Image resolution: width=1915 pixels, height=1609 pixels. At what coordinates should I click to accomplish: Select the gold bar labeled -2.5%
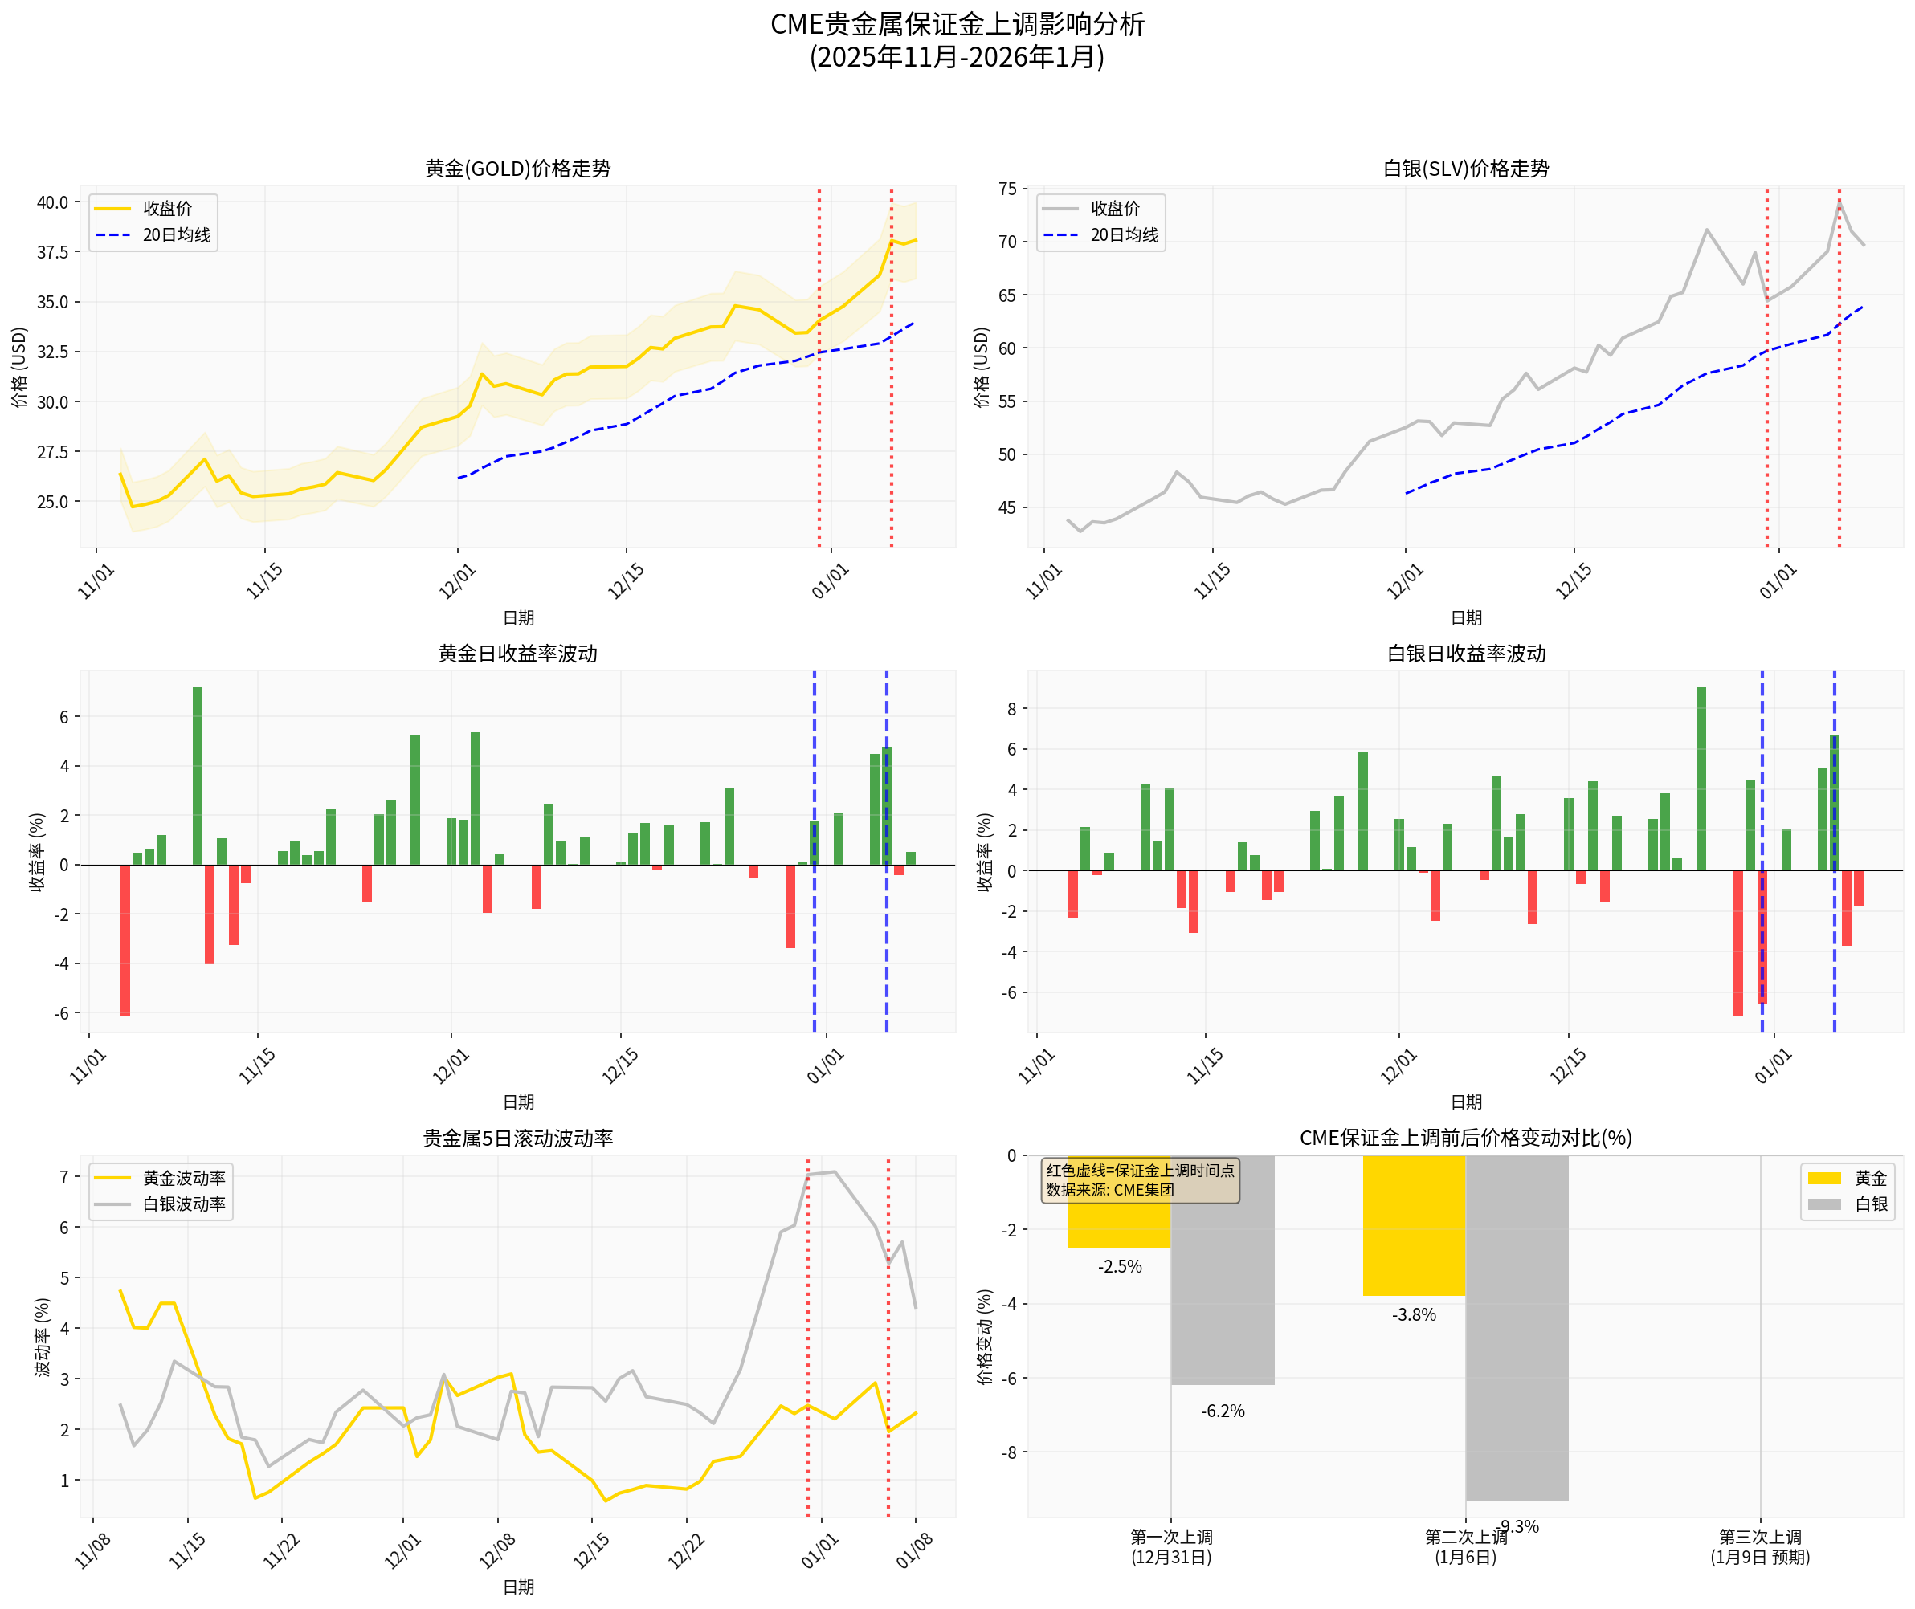coord(1120,1201)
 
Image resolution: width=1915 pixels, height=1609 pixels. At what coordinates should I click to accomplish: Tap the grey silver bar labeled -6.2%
coord(1223,1269)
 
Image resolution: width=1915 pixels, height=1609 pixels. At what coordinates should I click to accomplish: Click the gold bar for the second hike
coord(1413,1225)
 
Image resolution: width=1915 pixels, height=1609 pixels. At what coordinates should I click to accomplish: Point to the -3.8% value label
coord(1413,1315)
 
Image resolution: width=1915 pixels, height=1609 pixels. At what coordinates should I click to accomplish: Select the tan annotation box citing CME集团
coord(1140,1180)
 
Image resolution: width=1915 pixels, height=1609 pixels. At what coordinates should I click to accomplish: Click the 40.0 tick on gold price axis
coord(53,202)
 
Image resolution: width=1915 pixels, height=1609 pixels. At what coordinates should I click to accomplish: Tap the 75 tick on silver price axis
coord(1007,189)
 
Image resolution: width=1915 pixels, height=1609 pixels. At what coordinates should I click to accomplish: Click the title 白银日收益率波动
coord(1465,653)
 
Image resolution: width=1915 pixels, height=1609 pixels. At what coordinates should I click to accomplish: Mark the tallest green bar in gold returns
coord(197,776)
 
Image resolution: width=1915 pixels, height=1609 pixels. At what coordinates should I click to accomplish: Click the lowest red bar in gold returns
coord(125,939)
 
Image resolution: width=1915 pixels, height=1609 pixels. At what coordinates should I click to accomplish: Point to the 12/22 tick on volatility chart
coord(686,1550)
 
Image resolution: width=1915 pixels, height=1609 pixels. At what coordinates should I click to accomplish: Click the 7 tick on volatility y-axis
coord(65,1177)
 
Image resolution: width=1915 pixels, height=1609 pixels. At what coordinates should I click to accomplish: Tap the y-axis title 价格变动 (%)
coord(985,1336)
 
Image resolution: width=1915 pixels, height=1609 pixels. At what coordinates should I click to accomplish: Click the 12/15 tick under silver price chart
coord(1574,581)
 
